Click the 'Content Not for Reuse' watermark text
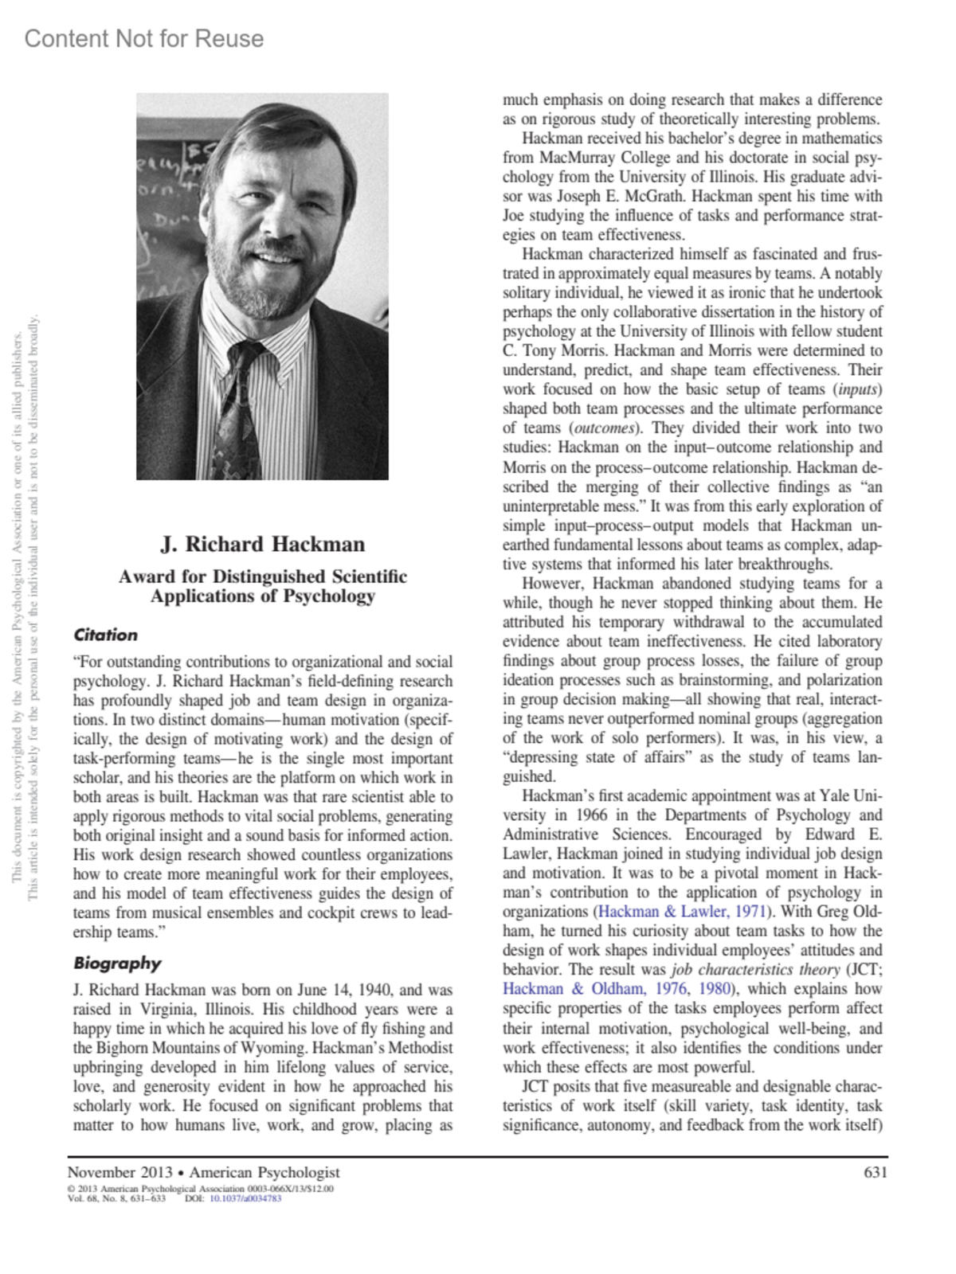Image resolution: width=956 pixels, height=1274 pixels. pyautogui.click(x=144, y=38)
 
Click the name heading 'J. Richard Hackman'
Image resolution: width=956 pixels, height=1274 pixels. pyautogui.click(x=263, y=544)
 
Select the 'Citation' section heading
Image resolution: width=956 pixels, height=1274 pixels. pyautogui.click(x=105, y=635)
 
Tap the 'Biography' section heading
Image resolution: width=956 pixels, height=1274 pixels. pyautogui.click(x=117, y=963)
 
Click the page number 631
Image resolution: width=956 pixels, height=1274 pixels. pyautogui.click(x=875, y=1172)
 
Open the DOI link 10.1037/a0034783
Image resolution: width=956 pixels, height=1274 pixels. pyautogui.click(x=245, y=1198)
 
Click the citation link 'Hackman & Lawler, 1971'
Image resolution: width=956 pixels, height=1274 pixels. pyautogui.click(x=682, y=912)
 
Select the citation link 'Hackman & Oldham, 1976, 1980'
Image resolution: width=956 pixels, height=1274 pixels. pyautogui.click(x=617, y=989)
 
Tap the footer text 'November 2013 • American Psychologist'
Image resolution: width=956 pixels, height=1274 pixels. pyautogui.click(x=203, y=1172)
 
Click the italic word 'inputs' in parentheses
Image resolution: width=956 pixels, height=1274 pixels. pyautogui.click(x=857, y=389)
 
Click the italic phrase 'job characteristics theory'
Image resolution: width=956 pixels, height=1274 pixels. pyautogui.click(x=755, y=970)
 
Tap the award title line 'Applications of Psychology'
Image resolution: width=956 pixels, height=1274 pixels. pyautogui.click(x=263, y=596)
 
